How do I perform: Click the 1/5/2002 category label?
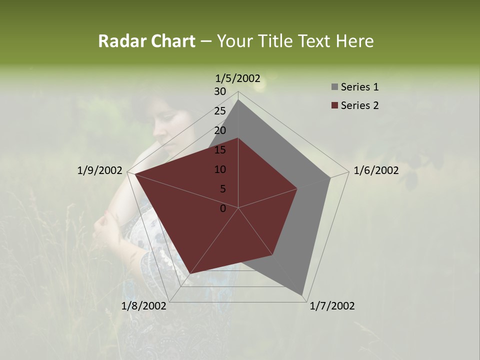(x=238, y=78)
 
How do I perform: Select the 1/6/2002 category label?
(x=376, y=170)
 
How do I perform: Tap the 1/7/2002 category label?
(x=332, y=306)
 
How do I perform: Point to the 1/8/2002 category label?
(x=144, y=306)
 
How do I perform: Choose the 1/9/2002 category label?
(x=100, y=170)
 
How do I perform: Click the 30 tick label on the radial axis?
(x=220, y=91)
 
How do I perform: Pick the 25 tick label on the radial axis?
(x=220, y=111)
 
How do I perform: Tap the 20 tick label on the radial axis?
(x=220, y=130)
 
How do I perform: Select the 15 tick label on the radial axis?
(x=220, y=150)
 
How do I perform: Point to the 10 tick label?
(x=220, y=169)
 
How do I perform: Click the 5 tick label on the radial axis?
(x=222, y=189)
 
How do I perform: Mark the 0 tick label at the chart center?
(x=223, y=208)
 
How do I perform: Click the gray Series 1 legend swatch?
(x=334, y=87)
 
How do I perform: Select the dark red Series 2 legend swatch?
(x=334, y=105)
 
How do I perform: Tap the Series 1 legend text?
(x=359, y=87)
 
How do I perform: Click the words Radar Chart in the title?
(x=146, y=41)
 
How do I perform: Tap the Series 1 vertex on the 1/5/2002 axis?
(x=238, y=99)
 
